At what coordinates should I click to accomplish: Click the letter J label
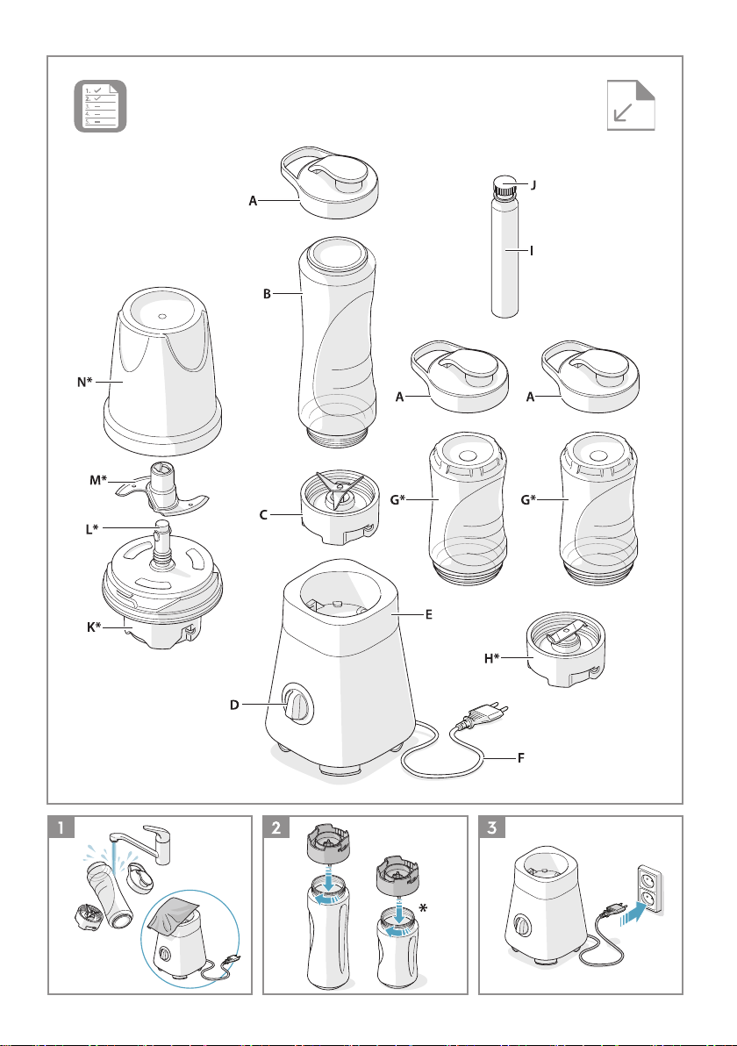pyautogui.click(x=533, y=185)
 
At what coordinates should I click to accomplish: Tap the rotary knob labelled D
pyautogui.click(x=297, y=704)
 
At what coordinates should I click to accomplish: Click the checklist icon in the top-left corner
pyautogui.click(x=100, y=105)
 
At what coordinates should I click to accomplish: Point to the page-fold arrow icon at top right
pyautogui.click(x=631, y=105)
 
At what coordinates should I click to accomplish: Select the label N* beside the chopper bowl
pyautogui.click(x=85, y=383)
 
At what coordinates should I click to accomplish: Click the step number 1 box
pyautogui.click(x=61, y=827)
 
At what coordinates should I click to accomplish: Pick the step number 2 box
pyautogui.click(x=276, y=827)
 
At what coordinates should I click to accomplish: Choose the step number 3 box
pyautogui.click(x=492, y=827)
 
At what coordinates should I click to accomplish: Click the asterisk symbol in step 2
pyautogui.click(x=424, y=908)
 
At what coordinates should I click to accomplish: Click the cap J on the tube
pyautogui.click(x=505, y=188)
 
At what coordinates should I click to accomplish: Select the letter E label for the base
pyautogui.click(x=429, y=614)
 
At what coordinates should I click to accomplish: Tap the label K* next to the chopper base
pyautogui.click(x=94, y=627)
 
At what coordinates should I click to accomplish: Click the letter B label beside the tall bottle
pyautogui.click(x=267, y=293)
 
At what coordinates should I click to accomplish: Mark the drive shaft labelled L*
pyautogui.click(x=161, y=544)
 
